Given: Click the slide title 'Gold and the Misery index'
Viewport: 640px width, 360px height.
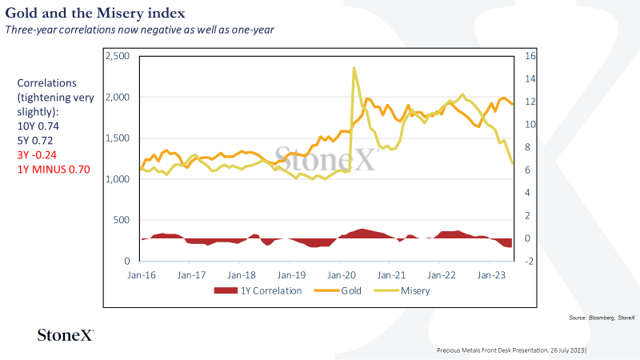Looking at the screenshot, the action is (x=95, y=13).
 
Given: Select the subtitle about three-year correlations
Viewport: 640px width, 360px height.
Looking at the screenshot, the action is (x=139, y=30).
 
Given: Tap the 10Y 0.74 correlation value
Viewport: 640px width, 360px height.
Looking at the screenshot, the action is (x=38, y=126).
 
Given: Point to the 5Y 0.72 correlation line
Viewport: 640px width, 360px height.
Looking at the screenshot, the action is (x=35, y=141).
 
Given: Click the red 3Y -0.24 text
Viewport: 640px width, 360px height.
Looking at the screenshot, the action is (x=37, y=154).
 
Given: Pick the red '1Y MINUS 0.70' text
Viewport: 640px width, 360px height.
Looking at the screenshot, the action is (x=54, y=170).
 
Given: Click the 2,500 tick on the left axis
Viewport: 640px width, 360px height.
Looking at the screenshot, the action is (x=118, y=56).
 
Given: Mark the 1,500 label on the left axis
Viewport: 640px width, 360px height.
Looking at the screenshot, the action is (x=118, y=138).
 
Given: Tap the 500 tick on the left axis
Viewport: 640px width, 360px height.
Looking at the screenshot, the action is (x=122, y=220).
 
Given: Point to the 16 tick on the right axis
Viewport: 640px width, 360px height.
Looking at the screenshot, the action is (x=530, y=56).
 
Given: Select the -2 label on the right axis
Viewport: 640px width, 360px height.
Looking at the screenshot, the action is (x=529, y=262).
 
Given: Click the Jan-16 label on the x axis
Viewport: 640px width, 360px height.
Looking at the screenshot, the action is (x=142, y=275).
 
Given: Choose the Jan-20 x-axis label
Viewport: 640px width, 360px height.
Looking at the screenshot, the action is (x=342, y=275).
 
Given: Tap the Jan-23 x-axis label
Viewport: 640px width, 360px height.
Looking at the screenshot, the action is (x=491, y=275).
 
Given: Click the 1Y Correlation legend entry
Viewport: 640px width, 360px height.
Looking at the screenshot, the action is (x=258, y=290).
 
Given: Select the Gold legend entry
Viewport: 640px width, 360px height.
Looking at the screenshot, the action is (x=338, y=290).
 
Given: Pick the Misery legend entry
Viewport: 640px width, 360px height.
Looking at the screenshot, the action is (x=402, y=290).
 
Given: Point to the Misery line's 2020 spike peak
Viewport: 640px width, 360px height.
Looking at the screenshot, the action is (x=354, y=68).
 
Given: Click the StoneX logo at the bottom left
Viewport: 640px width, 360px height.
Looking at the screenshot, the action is (x=66, y=335).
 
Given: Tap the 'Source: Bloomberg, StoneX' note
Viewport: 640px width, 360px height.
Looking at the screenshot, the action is (x=602, y=318).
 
